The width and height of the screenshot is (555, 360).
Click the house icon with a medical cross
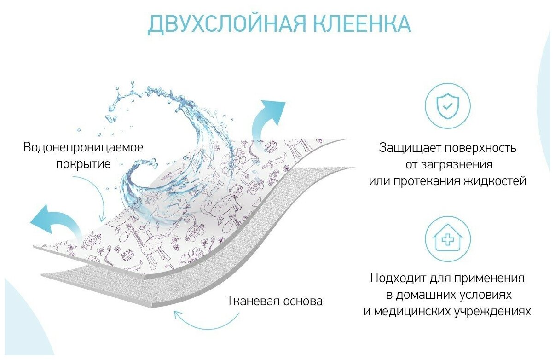click(447, 238)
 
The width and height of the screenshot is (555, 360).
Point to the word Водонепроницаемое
click(83, 147)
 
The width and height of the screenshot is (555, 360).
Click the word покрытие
click(83, 164)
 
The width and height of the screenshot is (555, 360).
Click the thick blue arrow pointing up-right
click(266, 122)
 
